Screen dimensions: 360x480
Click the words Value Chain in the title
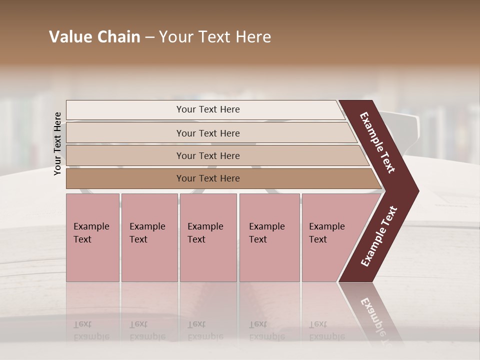[94, 37]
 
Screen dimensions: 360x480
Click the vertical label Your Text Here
[57, 143]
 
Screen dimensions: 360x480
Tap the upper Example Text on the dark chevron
[377, 142]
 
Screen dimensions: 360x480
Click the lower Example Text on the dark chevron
[379, 236]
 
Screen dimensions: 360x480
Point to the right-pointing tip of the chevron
[416, 190]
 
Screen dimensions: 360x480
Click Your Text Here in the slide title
[215, 37]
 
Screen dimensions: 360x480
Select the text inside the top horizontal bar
[208, 109]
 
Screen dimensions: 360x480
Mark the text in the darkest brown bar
[208, 178]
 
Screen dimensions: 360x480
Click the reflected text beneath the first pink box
[91, 330]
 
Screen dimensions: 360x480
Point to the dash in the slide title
[149, 37]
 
